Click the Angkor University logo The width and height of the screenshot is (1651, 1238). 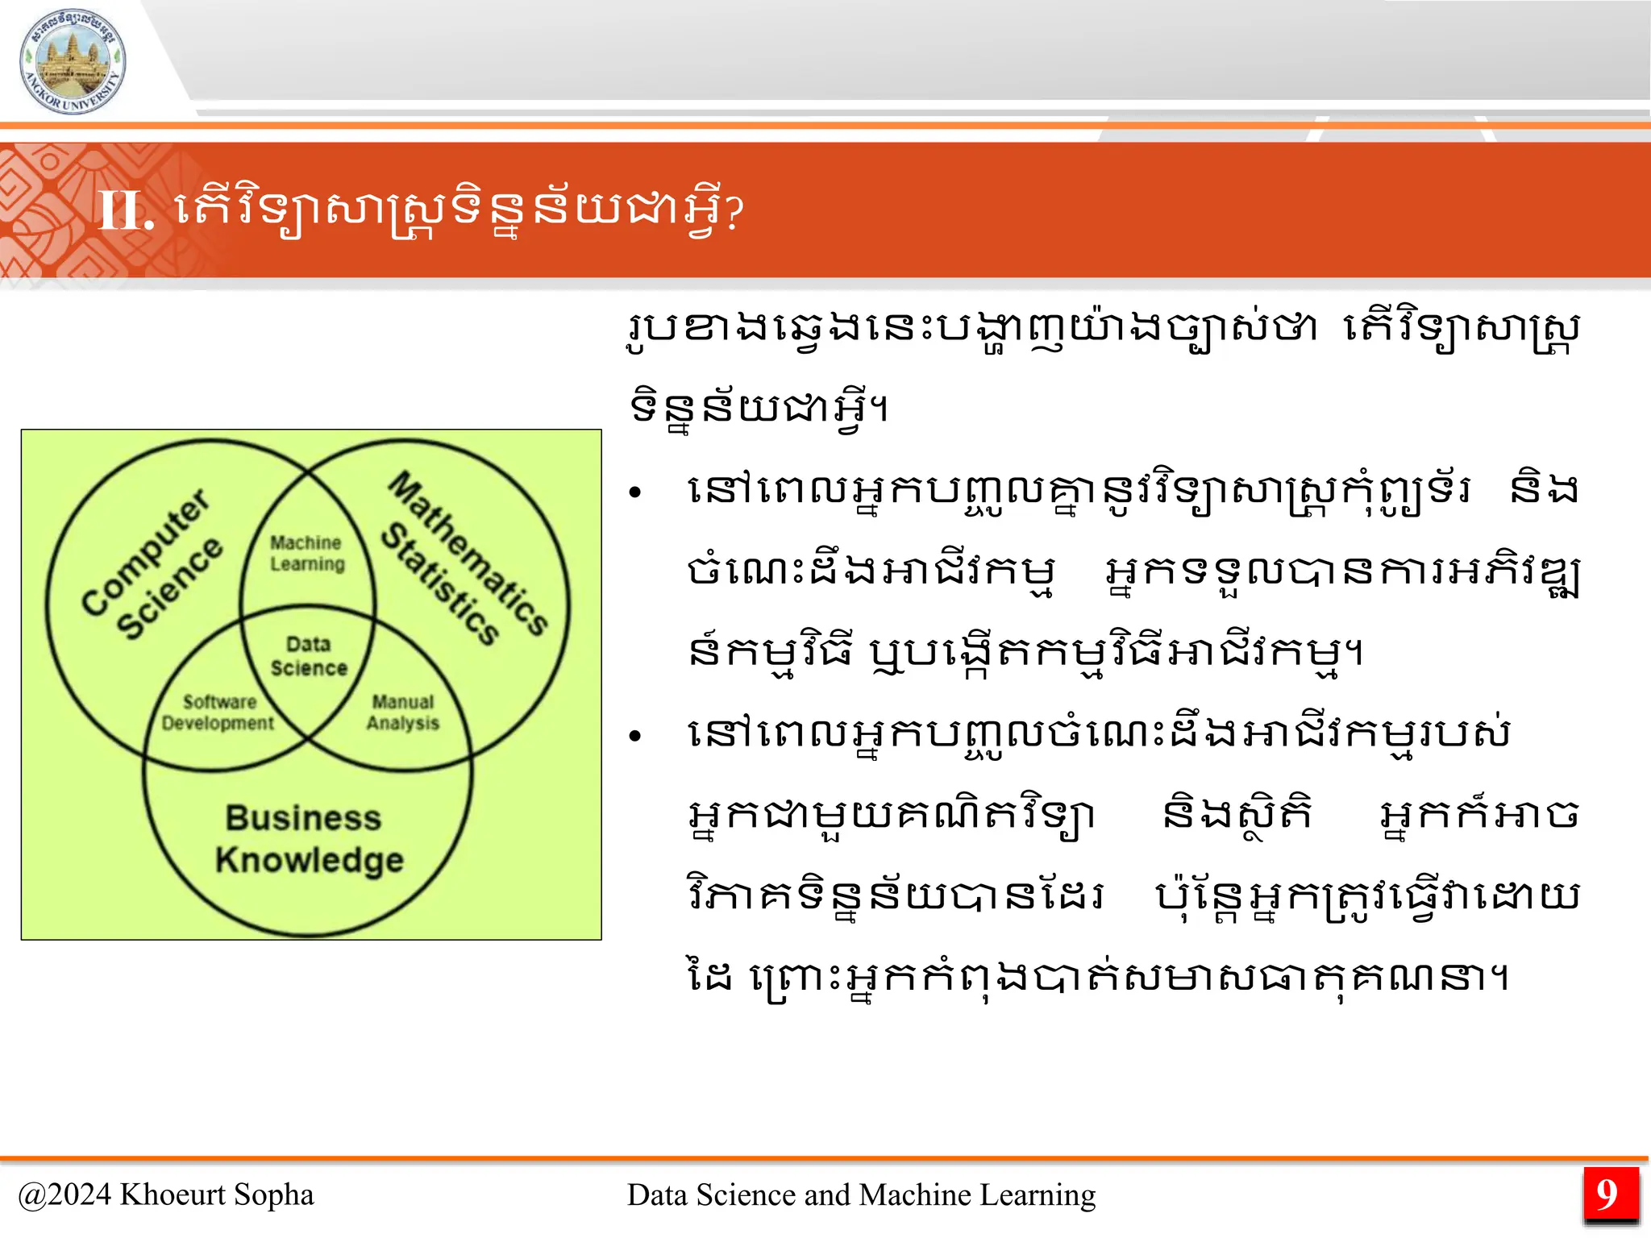click(x=73, y=63)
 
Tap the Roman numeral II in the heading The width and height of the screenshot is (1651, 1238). click(x=124, y=211)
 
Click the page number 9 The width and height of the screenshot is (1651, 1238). click(x=1607, y=1194)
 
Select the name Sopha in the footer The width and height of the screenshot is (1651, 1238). click(x=273, y=1194)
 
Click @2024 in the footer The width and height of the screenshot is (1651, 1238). click(x=64, y=1194)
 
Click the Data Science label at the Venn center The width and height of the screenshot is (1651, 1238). click(x=309, y=656)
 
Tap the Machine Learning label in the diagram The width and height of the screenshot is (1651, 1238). click(x=307, y=553)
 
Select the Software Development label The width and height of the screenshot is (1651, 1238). click(x=218, y=712)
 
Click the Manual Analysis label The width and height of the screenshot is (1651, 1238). click(x=403, y=712)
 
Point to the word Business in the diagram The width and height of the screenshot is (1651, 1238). click(x=303, y=818)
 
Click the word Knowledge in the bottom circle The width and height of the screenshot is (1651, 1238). click(x=310, y=860)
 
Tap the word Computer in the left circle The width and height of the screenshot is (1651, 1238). click(x=146, y=552)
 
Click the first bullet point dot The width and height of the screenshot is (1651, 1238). click(x=635, y=492)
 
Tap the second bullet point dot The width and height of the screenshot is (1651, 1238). click(x=635, y=735)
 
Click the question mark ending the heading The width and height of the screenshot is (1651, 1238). click(x=734, y=213)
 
